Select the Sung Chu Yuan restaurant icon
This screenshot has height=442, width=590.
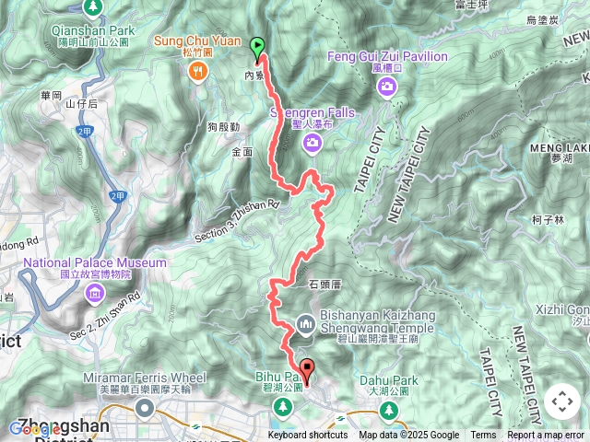(199, 76)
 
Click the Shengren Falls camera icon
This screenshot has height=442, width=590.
(312, 142)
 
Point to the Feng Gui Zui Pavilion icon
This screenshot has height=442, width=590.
(386, 87)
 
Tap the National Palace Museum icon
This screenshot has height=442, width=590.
(94, 294)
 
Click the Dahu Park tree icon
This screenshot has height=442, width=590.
(392, 409)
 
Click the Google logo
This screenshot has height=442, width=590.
(32, 428)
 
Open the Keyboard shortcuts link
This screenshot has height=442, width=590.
(308, 436)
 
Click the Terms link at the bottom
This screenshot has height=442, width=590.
(483, 436)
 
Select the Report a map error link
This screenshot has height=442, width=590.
(547, 436)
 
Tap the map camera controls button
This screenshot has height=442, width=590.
(560, 401)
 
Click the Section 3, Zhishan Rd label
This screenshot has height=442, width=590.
(237, 222)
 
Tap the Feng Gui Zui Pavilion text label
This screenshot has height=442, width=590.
(387, 57)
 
